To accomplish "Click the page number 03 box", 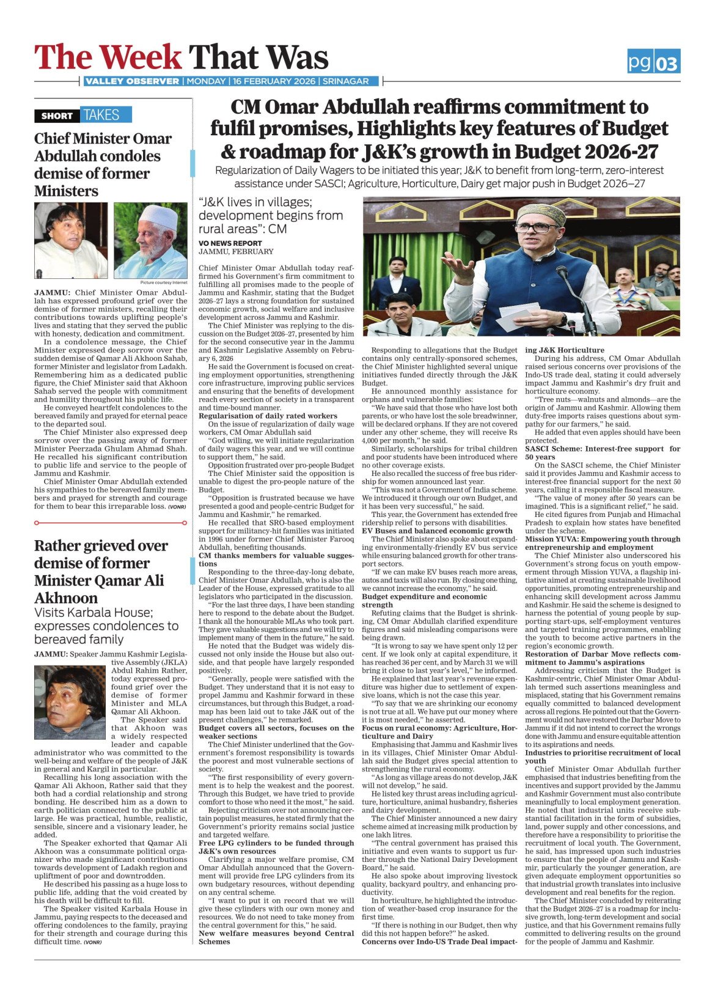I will click(667, 62).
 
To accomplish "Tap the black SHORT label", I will click(57, 116).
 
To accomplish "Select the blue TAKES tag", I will click(101, 115).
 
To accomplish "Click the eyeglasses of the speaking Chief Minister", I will click(535, 228).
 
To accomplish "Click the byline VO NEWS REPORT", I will click(230, 243).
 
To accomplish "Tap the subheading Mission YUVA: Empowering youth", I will click(602, 539).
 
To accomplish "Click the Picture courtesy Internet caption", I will click(164, 283).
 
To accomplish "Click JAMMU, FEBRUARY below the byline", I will click(236, 251).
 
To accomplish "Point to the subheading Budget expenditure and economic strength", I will click(424, 601).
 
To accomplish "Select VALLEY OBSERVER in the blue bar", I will click(132, 81).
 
